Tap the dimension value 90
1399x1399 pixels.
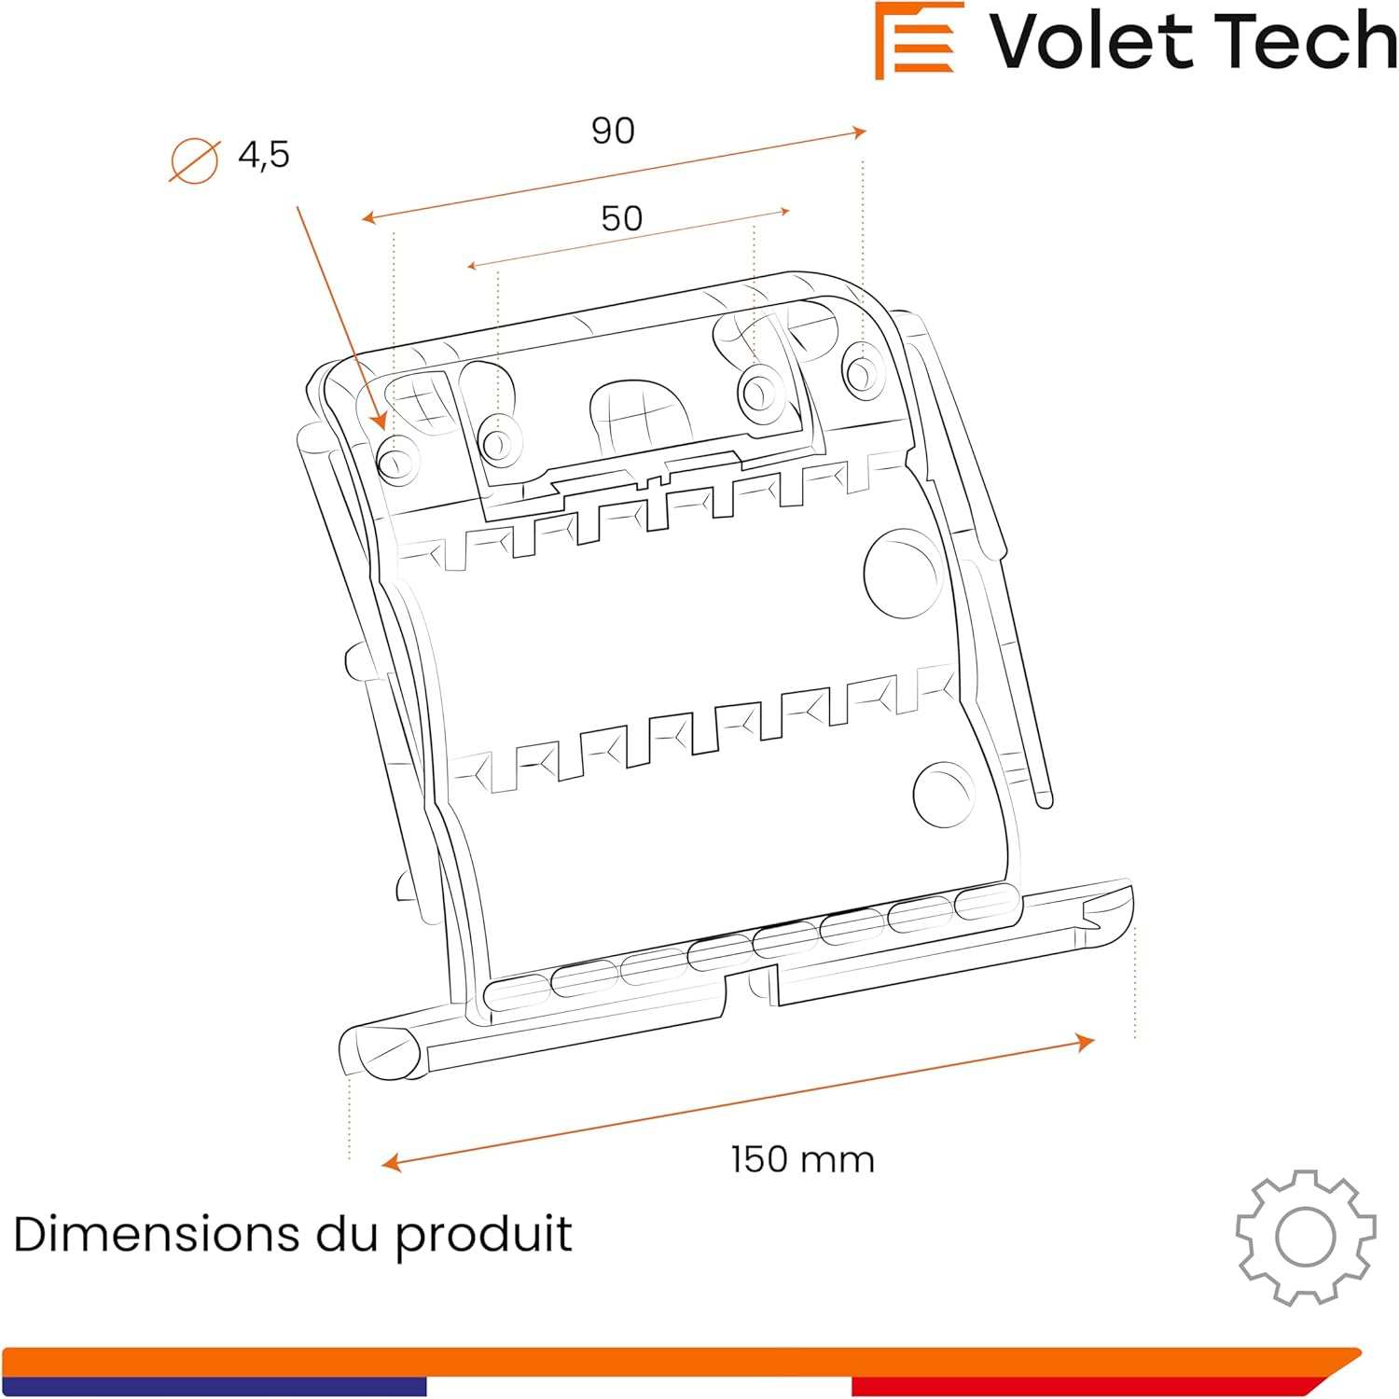pyautogui.click(x=613, y=131)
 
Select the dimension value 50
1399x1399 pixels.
pyautogui.click(x=621, y=218)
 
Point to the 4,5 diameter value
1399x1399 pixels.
pyautogui.click(x=264, y=155)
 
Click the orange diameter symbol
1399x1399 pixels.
pyautogui.click(x=194, y=160)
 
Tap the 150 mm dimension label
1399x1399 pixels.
pyautogui.click(x=802, y=1159)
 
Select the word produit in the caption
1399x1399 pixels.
pyautogui.click(x=483, y=1236)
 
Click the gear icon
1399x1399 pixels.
pyautogui.click(x=1305, y=1237)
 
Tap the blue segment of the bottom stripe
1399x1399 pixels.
pyautogui.click(x=215, y=1387)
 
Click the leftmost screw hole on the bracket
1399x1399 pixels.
pyautogui.click(x=396, y=460)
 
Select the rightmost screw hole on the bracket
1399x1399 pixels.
pyautogui.click(x=860, y=370)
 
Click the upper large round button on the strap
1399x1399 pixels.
pyautogui.click(x=901, y=573)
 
